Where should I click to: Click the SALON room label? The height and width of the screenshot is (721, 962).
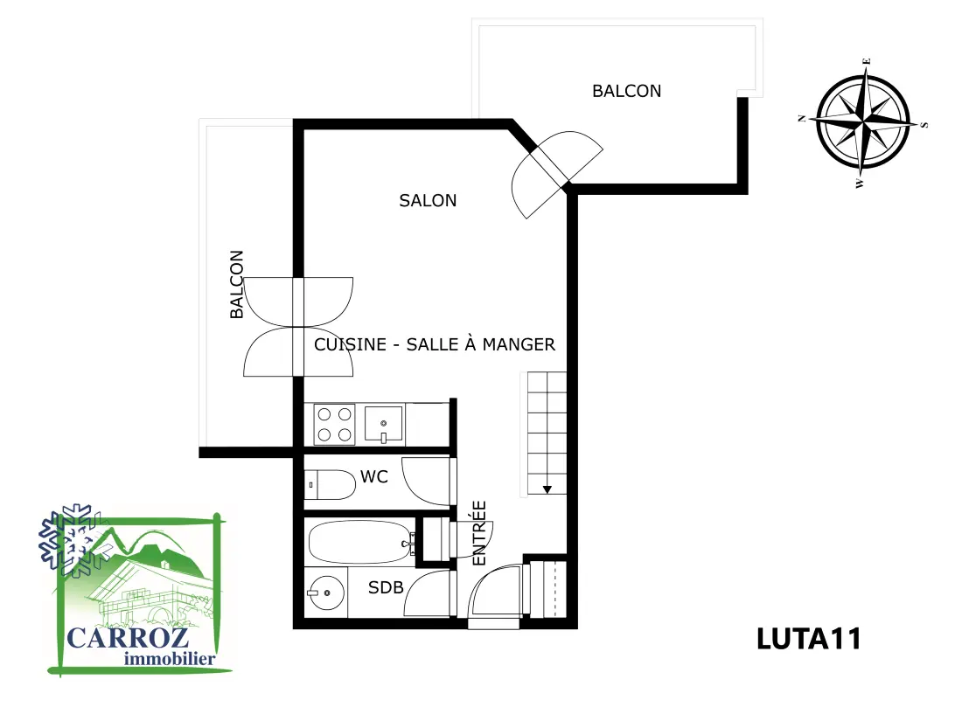(428, 200)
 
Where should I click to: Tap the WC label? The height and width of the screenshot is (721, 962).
(374, 476)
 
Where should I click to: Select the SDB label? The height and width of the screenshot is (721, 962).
(386, 587)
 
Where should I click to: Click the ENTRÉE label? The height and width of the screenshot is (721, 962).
(479, 533)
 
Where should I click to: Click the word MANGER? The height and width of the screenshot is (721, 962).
(519, 344)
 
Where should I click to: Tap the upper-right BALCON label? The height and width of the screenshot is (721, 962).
(626, 92)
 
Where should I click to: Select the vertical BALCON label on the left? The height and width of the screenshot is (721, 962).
(237, 285)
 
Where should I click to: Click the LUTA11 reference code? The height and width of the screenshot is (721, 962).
(809, 639)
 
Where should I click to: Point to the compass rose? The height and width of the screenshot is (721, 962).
(863, 122)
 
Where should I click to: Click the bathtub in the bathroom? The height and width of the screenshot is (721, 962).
(360, 542)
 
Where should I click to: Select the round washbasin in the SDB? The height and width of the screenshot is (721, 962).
(326, 593)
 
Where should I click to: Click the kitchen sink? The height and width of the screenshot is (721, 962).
(383, 424)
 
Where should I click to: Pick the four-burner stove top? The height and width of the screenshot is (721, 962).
(334, 424)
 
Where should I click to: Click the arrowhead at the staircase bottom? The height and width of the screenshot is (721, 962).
(547, 489)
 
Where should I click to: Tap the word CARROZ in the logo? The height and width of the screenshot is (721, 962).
(128, 638)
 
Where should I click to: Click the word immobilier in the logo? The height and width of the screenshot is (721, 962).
(170, 659)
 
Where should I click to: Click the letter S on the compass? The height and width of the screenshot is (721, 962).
(924, 125)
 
